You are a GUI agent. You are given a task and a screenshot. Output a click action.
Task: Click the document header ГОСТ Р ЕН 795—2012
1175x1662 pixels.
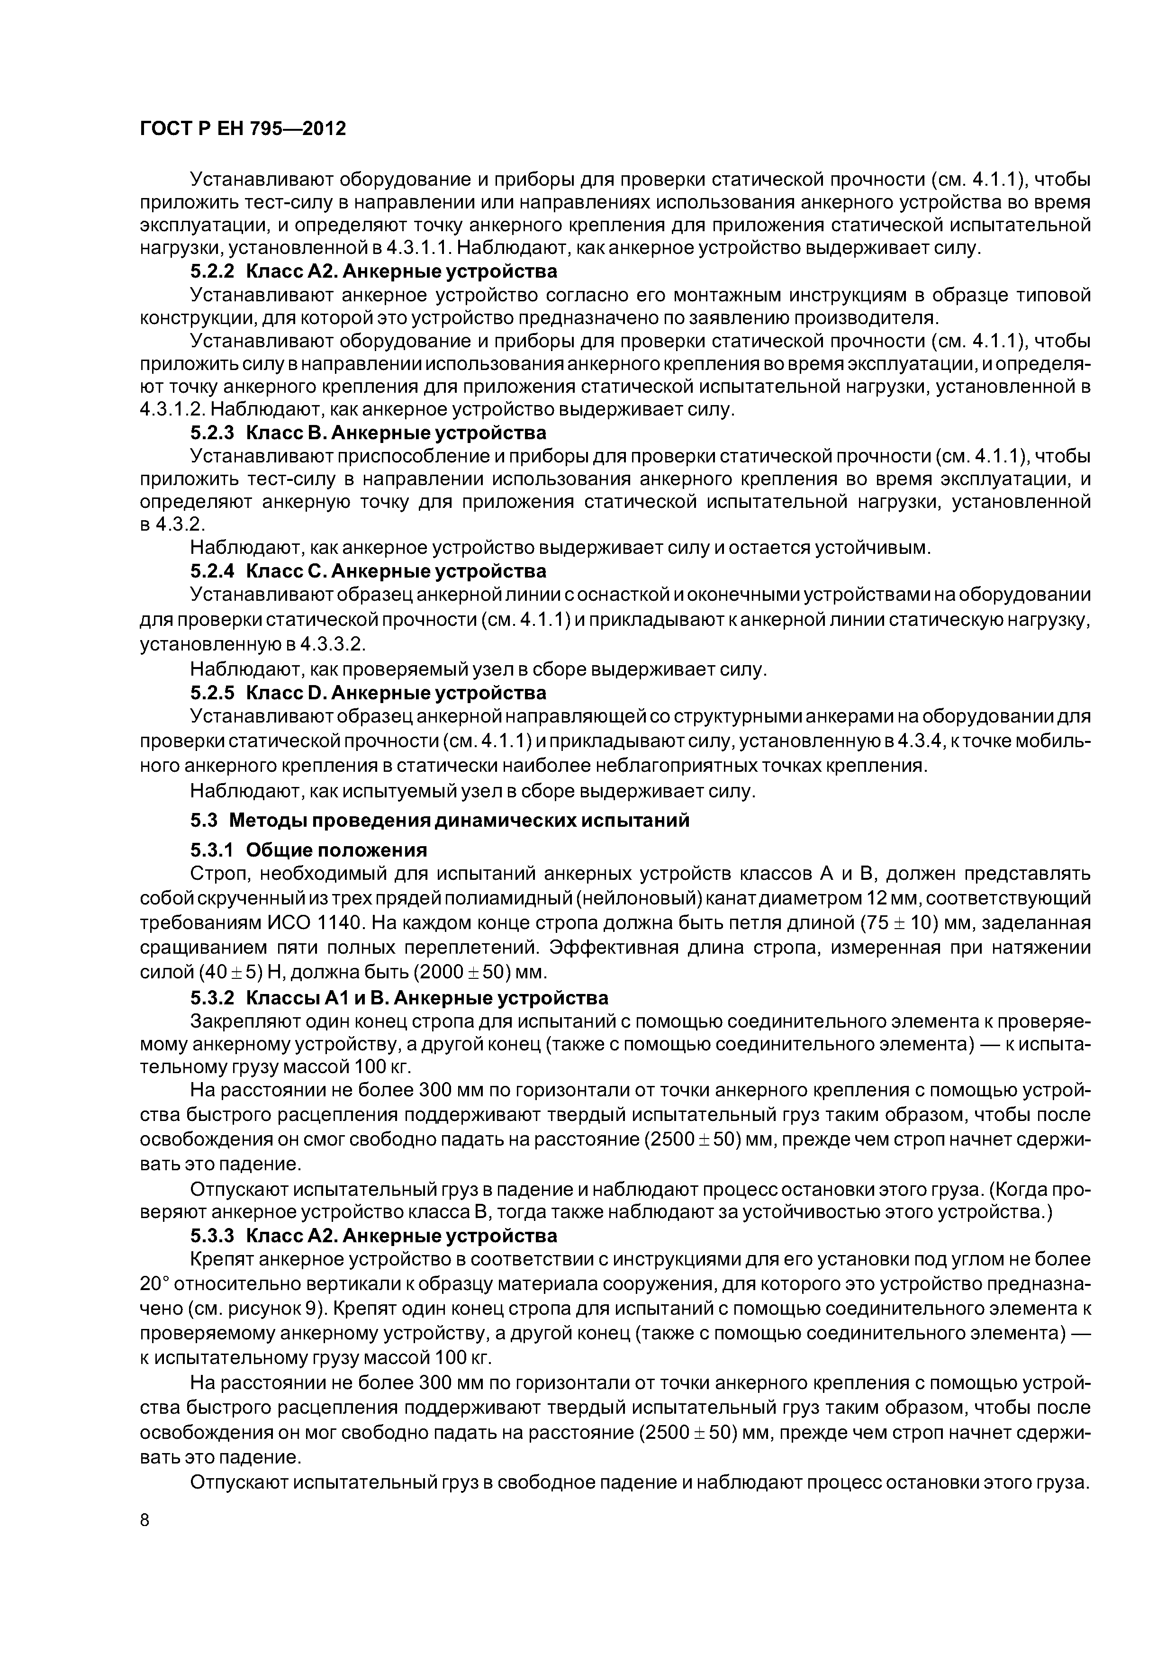(243, 129)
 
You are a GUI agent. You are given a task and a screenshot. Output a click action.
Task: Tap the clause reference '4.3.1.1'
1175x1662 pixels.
(418, 248)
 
